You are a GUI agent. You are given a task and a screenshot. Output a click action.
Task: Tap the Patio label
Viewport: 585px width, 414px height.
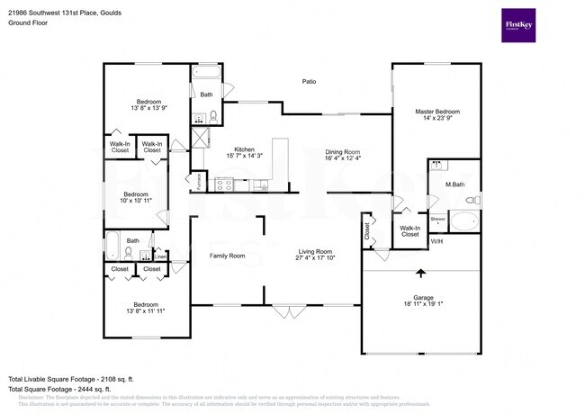point(309,82)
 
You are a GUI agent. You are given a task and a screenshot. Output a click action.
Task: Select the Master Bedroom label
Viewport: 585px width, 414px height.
point(438,112)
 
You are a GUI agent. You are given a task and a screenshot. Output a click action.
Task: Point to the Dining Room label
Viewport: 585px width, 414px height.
point(343,151)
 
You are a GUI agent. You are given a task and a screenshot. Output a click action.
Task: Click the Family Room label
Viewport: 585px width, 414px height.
point(228,256)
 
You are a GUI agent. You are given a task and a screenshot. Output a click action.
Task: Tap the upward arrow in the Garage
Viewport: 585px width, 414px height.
point(419,274)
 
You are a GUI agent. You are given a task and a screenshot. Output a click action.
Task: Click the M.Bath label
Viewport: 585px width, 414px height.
point(454,184)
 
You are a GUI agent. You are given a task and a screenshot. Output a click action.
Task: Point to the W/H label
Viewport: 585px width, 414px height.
point(436,241)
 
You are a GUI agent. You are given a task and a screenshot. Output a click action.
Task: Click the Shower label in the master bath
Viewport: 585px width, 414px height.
point(438,219)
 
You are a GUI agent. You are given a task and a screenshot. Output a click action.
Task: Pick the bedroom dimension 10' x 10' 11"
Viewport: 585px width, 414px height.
point(136,202)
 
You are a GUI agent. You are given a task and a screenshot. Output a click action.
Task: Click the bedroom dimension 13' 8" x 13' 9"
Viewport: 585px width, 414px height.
point(148,108)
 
